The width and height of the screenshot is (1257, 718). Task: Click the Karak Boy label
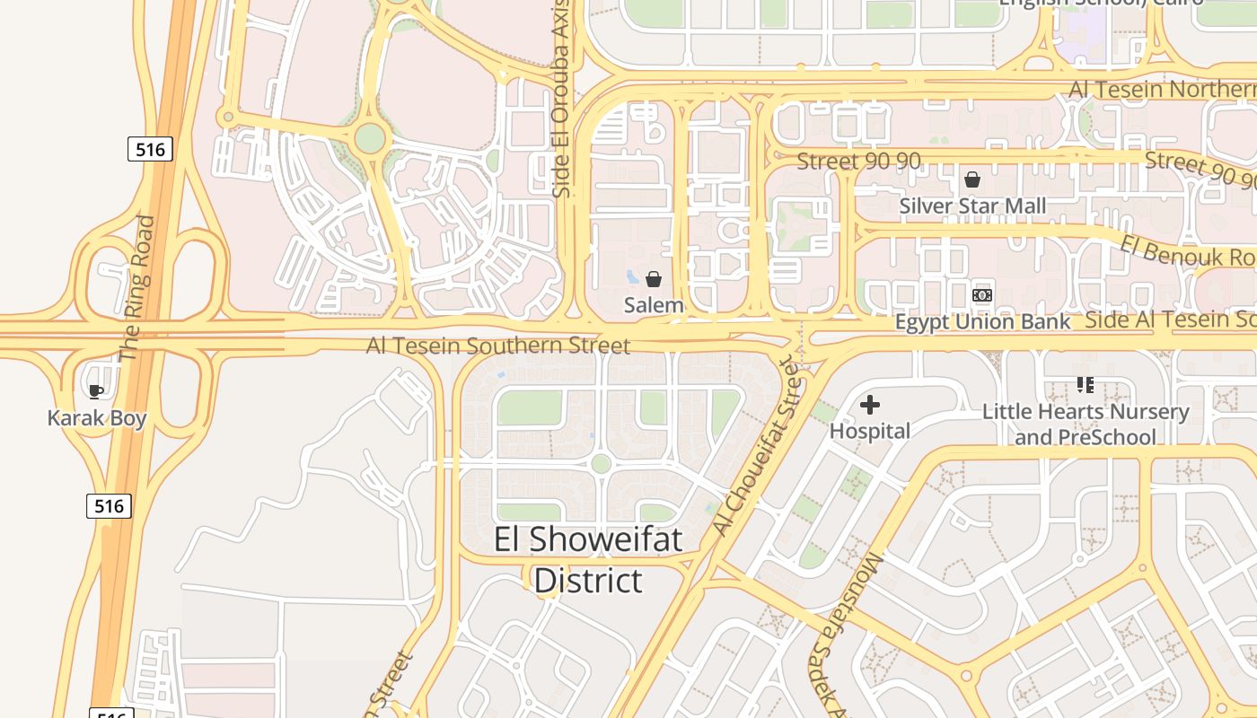coord(97,418)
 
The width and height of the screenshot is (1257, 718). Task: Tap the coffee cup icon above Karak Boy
coord(96,390)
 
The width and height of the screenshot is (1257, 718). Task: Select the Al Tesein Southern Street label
coord(497,346)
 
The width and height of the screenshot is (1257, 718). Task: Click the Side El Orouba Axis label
coord(562,106)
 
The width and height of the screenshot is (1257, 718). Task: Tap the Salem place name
coord(654,305)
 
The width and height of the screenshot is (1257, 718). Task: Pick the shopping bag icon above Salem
coord(654,279)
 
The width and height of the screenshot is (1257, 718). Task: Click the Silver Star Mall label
coord(972,206)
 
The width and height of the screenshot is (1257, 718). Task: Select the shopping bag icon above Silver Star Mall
coord(972,180)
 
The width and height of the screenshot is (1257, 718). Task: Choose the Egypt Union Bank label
coord(982,322)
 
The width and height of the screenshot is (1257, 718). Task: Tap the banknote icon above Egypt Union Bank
coord(982,295)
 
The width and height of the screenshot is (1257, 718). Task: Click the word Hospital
coord(869,432)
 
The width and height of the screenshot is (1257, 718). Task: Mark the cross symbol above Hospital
coord(869,406)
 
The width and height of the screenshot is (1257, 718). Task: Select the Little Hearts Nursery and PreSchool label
coord(1086,425)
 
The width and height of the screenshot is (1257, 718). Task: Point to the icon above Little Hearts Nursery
coord(1086,385)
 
